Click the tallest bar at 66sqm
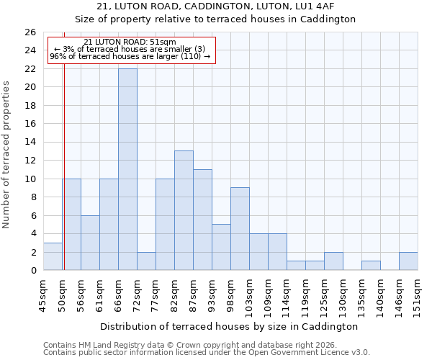coord(127,169)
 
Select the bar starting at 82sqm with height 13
coord(184,210)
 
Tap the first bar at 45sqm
coord(53,256)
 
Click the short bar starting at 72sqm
coord(146,261)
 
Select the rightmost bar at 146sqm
coord(408,261)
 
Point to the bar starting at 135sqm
coord(371,266)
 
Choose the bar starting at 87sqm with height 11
coord(202,220)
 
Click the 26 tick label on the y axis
coord(30,32)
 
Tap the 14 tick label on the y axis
coord(30,143)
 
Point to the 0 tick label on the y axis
coord(32,271)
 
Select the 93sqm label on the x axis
coord(212,293)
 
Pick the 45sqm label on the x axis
coord(43,293)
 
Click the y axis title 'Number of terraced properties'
coord(6,155)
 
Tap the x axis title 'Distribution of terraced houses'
coord(228,326)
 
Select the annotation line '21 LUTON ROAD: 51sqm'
coord(130,42)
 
